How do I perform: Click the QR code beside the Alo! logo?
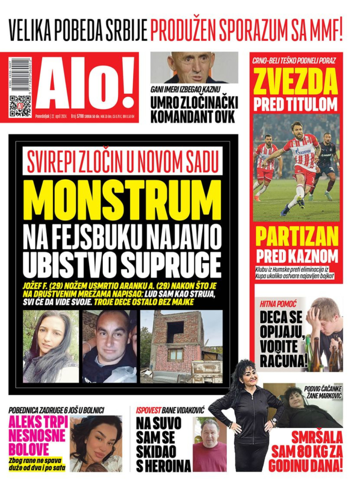pyautogui.click(x=21, y=105)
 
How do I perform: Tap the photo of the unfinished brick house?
pyautogui.click(x=181, y=347)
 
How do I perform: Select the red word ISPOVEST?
pyautogui.click(x=149, y=410)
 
